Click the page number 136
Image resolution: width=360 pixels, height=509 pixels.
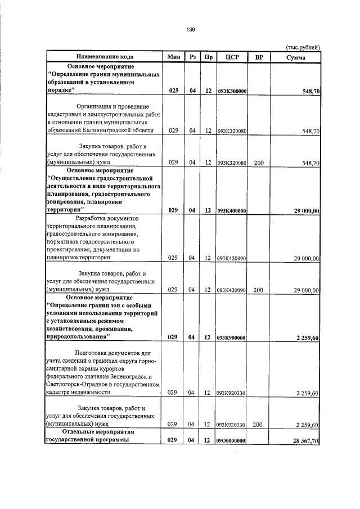[191, 30]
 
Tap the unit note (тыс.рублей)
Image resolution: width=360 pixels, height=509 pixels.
[303, 48]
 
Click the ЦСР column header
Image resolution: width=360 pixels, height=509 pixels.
[232, 57]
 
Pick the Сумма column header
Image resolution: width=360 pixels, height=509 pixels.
[295, 57]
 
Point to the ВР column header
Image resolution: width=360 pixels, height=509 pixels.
[259, 57]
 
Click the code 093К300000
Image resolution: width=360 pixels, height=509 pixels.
[232, 91]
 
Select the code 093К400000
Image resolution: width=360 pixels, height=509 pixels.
[232, 210]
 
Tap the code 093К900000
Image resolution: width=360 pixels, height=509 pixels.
[232, 337]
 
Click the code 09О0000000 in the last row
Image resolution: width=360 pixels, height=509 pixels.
[232, 440]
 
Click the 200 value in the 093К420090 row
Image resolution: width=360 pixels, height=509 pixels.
[259, 290]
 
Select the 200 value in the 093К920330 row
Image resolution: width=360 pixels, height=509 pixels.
[259, 425]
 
